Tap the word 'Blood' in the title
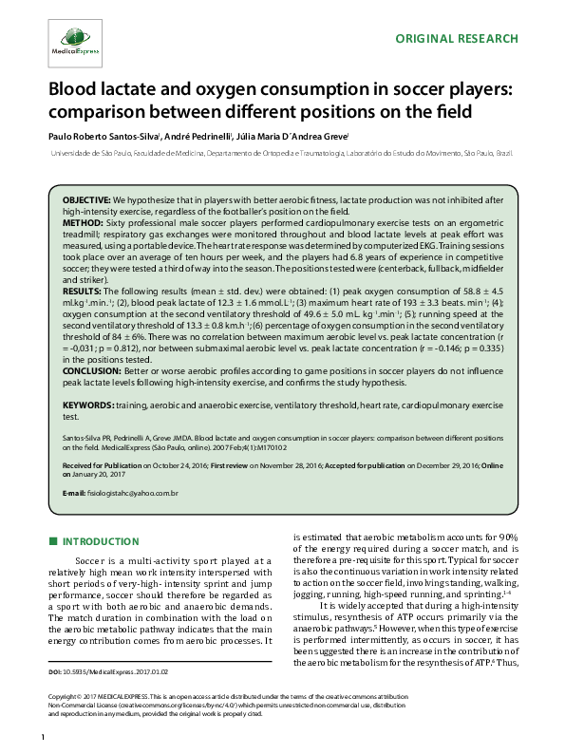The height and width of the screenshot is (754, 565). [74, 90]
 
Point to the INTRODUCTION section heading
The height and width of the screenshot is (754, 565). [101, 541]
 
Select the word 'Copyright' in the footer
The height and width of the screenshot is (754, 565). [65, 724]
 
